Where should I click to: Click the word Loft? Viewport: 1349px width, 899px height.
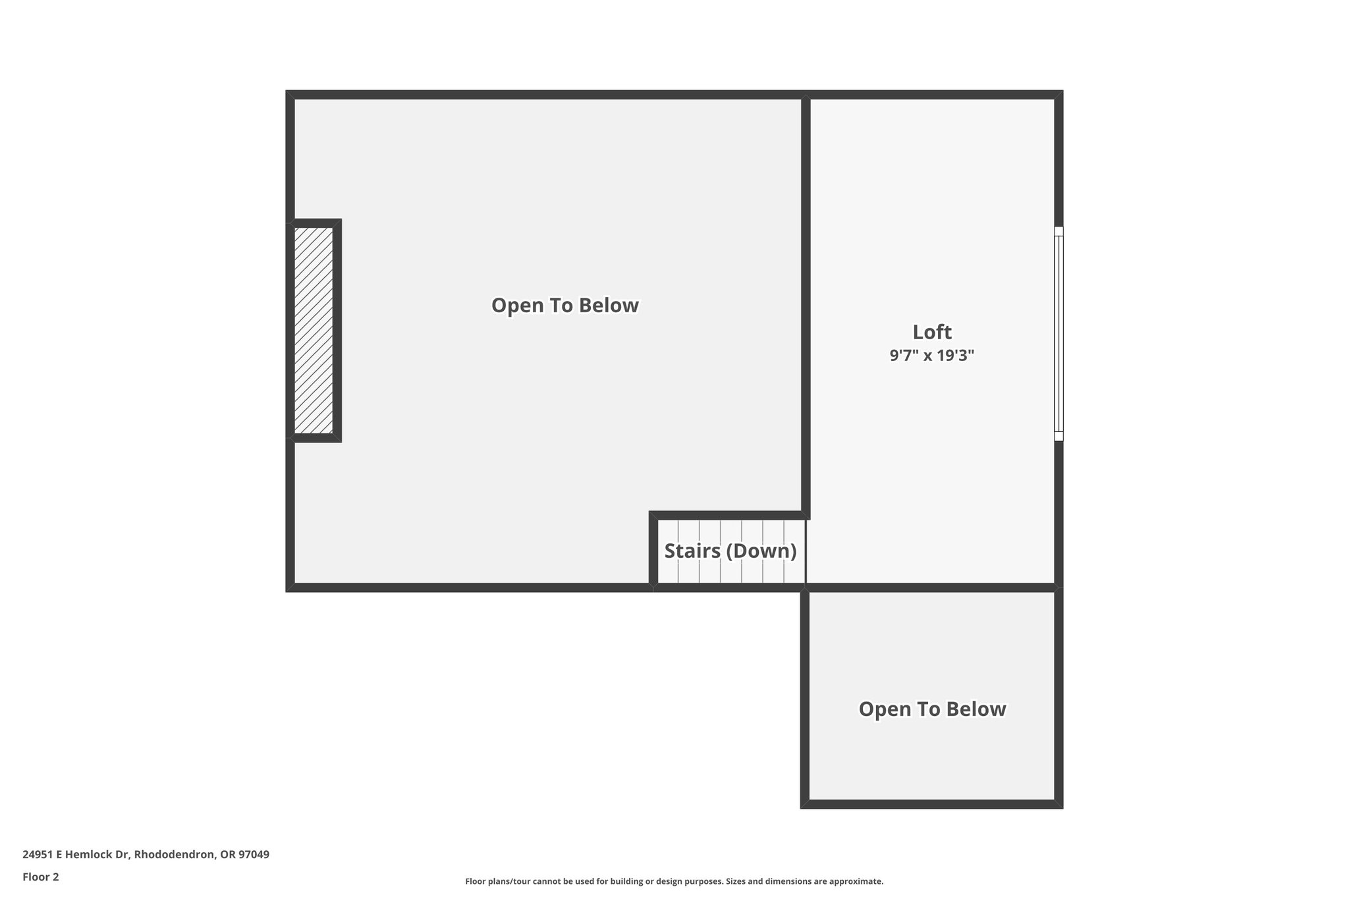pyautogui.click(x=931, y=331)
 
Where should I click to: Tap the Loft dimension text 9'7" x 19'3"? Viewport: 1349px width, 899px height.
pyautogui.click(x=931, y=356)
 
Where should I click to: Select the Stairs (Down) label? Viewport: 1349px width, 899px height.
pyautogui.click(x=730, y=551)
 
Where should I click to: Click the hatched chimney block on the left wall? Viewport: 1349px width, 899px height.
pyautogui.click(x=314, y=330)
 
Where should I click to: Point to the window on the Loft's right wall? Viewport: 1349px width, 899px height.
pyautogui.click(x=1058, y=333)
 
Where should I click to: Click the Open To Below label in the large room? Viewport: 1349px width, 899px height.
pyautogui.click(x=565, y=306)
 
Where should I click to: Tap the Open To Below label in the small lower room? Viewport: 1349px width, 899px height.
pyautogui.click(x=931, y=709)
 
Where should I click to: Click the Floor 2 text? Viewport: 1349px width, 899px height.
pyautogui.click(x=41, y=877)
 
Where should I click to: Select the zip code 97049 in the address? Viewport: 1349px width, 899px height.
pyautogui.click(x=254, y=854)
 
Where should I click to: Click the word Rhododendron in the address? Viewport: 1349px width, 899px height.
pyautogui.click(x=174, y=854)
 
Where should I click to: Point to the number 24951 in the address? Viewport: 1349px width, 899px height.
pyautogui.click(x=37, y=854)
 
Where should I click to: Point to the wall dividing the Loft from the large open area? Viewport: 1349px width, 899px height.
pyautogui.click(x=806, y=303)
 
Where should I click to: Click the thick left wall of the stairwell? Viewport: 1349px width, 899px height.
pyautogui.click(x=653, y=551)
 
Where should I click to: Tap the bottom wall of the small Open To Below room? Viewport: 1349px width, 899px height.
pyautogui.click(x=931, y=804)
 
